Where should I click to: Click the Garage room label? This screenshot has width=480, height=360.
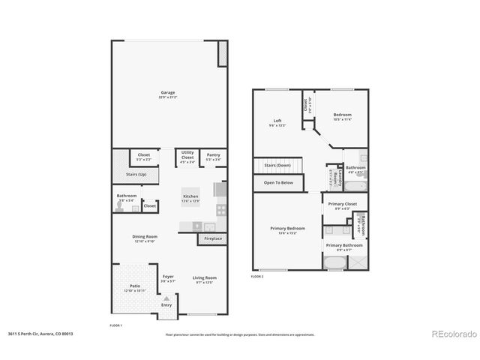pos(166,93)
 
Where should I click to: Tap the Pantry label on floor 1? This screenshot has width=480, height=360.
pos(214,154)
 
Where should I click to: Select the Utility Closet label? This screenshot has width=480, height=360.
pos(187,154)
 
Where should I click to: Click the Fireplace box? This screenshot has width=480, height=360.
pos(213,238)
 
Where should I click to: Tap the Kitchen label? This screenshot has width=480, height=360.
pos(190,196)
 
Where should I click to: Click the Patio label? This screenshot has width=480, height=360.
pos(135,286)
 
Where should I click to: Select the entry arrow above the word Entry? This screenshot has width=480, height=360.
pos(166,298)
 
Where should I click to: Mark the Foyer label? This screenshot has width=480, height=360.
pos(168,277)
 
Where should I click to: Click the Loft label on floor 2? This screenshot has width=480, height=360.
pos(277,121)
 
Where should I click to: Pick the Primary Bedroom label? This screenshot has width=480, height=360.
pos(286,228)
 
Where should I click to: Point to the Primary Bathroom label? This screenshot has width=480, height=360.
pos(344,245)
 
